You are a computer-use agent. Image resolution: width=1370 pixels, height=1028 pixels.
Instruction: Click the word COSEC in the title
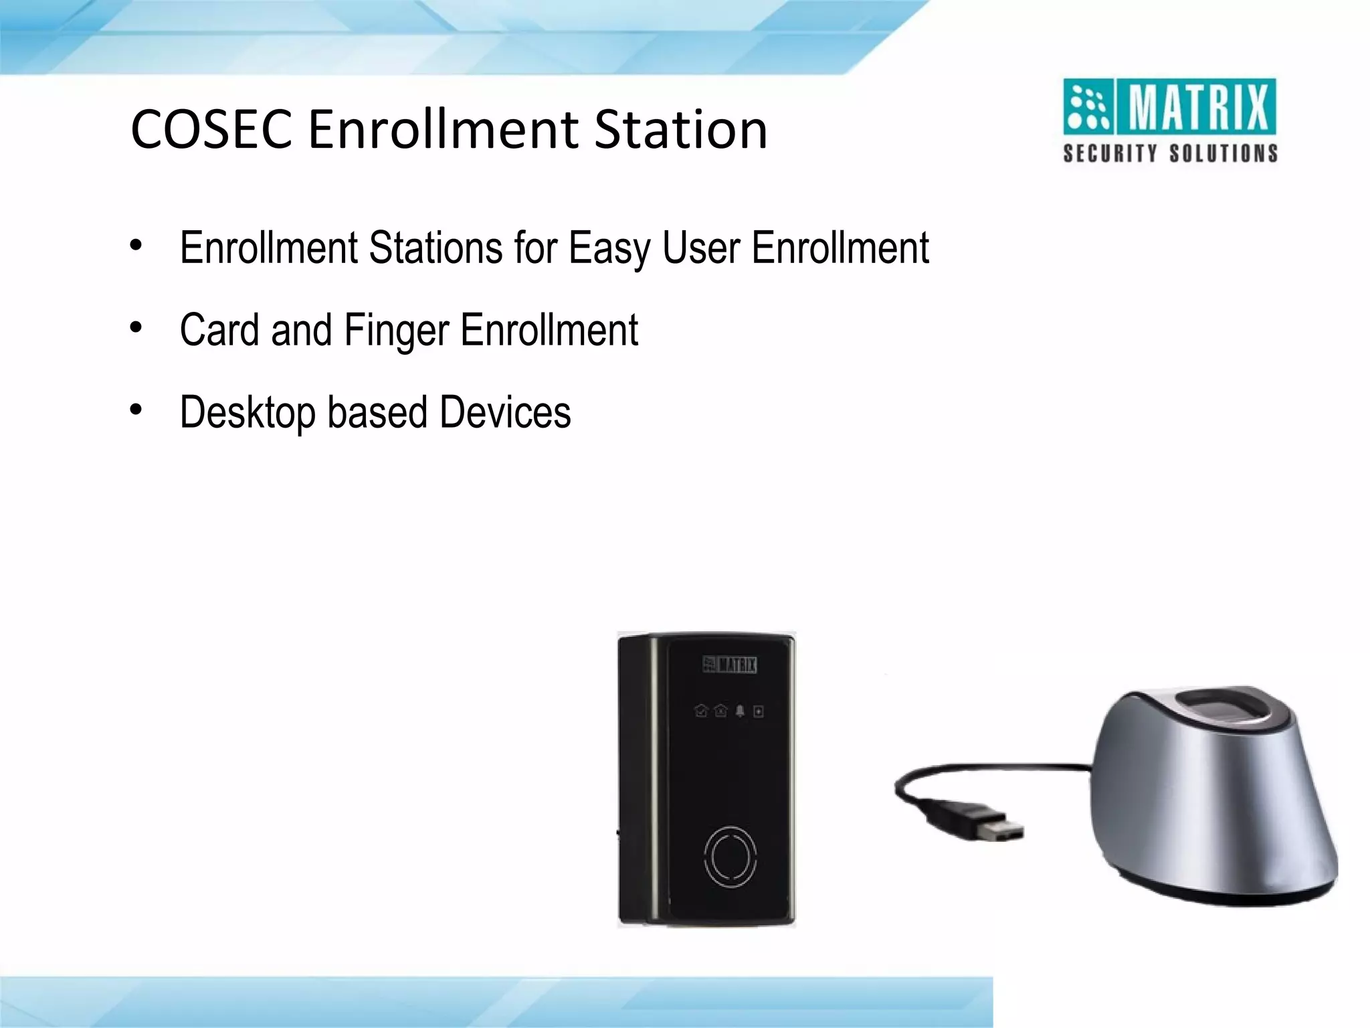(211, 129)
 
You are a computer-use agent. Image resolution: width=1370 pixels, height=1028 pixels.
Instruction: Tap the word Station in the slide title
(680, 129)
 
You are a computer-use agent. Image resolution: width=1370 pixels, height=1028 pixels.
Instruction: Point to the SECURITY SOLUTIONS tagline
(1170, 153)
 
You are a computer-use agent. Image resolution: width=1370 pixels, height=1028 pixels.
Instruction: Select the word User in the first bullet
(701, 248)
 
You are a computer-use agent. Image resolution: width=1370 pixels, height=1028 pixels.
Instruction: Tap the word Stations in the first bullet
(435, 248)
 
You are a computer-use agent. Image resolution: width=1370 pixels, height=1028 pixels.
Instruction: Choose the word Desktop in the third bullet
(248, 414)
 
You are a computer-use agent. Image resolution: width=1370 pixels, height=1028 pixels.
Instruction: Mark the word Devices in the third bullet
(505, 412)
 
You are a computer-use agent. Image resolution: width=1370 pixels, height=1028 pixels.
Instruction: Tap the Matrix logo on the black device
(729, 665)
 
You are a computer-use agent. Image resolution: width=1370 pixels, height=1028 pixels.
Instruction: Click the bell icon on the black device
(740, 711)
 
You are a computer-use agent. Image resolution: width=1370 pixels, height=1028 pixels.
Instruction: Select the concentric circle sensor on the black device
(730, 858)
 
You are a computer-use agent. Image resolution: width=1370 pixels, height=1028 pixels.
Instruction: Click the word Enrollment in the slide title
(442, 129)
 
